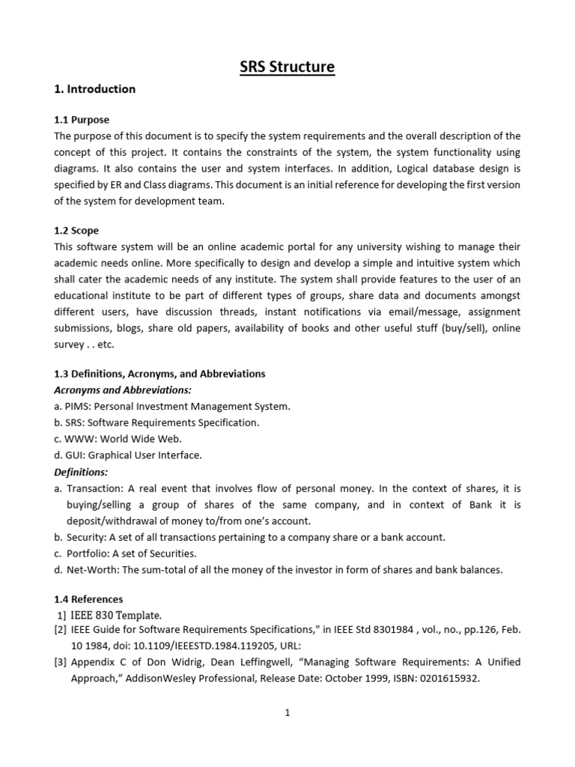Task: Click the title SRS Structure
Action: (x=287, y=67)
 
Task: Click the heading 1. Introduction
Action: (x=94, y=89)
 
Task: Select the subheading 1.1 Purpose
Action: (x=82, y=120)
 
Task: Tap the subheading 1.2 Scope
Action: (x=76, y=231)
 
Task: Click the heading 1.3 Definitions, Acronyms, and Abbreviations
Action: (x=159, y=374)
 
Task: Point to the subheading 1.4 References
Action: (x=88, y=599)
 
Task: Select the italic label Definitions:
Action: (x=81, y=472)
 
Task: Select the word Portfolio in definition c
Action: (x=87, y=554)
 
